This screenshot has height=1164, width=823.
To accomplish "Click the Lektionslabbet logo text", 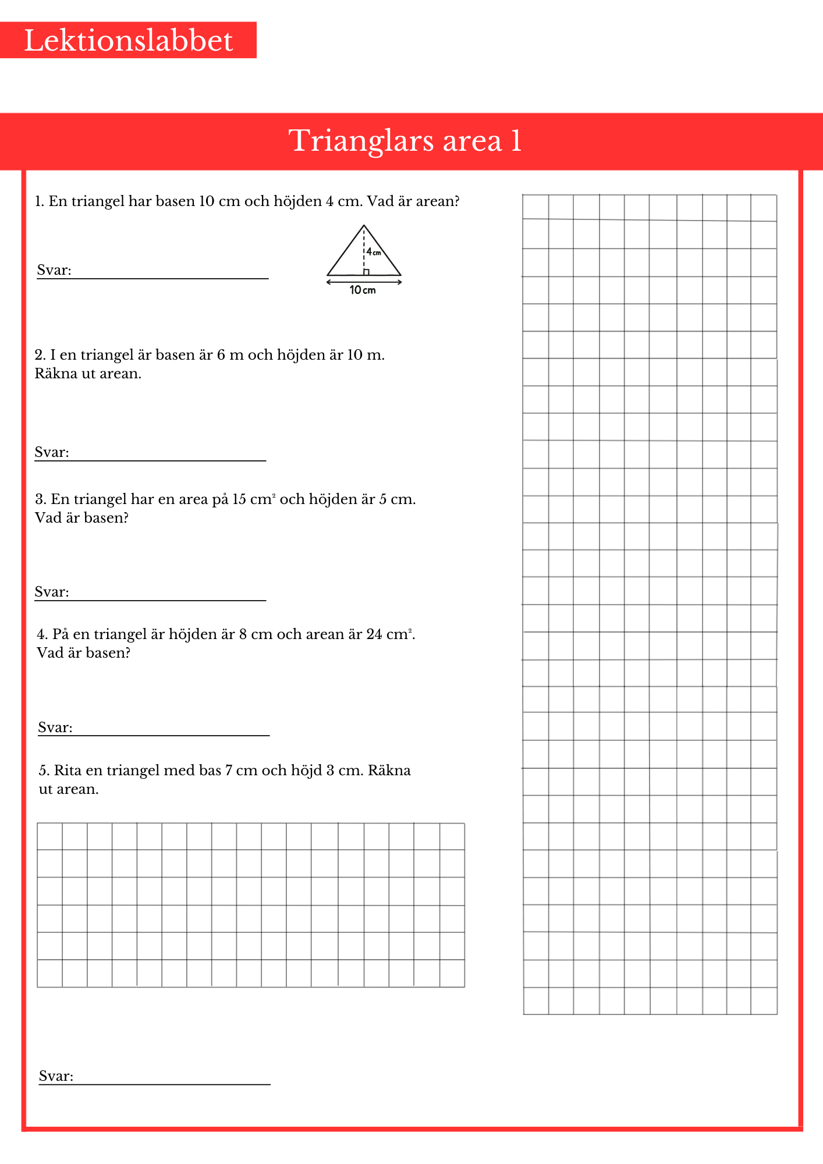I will tap(128, 41).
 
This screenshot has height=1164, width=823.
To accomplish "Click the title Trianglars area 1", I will tap(405, 141).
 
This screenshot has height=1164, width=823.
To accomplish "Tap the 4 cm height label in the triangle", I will tap(374, 252).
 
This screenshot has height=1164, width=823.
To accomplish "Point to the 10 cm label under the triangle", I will tap(363, 290).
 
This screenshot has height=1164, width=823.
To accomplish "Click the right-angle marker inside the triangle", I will tap(366, 272).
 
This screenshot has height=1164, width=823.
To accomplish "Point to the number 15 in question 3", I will tap(239, 499).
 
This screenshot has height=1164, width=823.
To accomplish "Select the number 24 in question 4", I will tap(374, 634).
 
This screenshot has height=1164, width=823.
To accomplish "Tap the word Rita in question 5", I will tap(68, 771).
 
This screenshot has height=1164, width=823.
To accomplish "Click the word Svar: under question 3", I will tap(52, 592).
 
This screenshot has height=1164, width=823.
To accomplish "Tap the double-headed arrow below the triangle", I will tap(364, 282).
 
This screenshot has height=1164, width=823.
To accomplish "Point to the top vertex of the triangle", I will tap(364, 226).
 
